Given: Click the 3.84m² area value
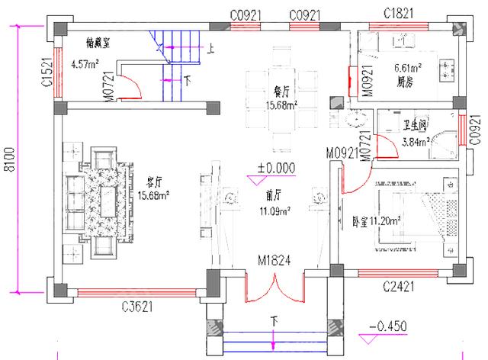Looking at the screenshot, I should (415, 141).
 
